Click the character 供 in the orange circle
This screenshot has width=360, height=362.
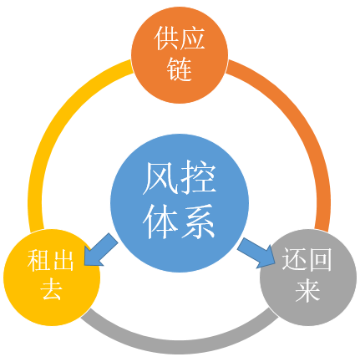[166, 38]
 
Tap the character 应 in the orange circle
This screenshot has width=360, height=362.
[192, 38]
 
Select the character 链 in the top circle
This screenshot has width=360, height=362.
[180, 69]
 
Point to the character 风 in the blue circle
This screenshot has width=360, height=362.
[160, 178]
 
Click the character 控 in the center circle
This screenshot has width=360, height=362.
[198, 178]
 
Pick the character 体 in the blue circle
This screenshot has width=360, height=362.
[160, 222]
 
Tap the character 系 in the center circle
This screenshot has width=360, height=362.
[198, 222]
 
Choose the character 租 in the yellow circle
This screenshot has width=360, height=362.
[38, 261]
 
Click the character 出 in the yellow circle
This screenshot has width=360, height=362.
[63, 261]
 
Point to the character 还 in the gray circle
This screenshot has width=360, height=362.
[295, 259]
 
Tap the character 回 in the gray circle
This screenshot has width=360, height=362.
[320, 259]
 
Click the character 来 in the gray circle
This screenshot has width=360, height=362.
[307, 290]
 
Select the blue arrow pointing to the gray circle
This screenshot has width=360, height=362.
[256, 253]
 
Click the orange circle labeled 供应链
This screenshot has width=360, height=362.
[180, 55]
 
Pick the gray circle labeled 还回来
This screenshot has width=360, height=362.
[308, 278]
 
